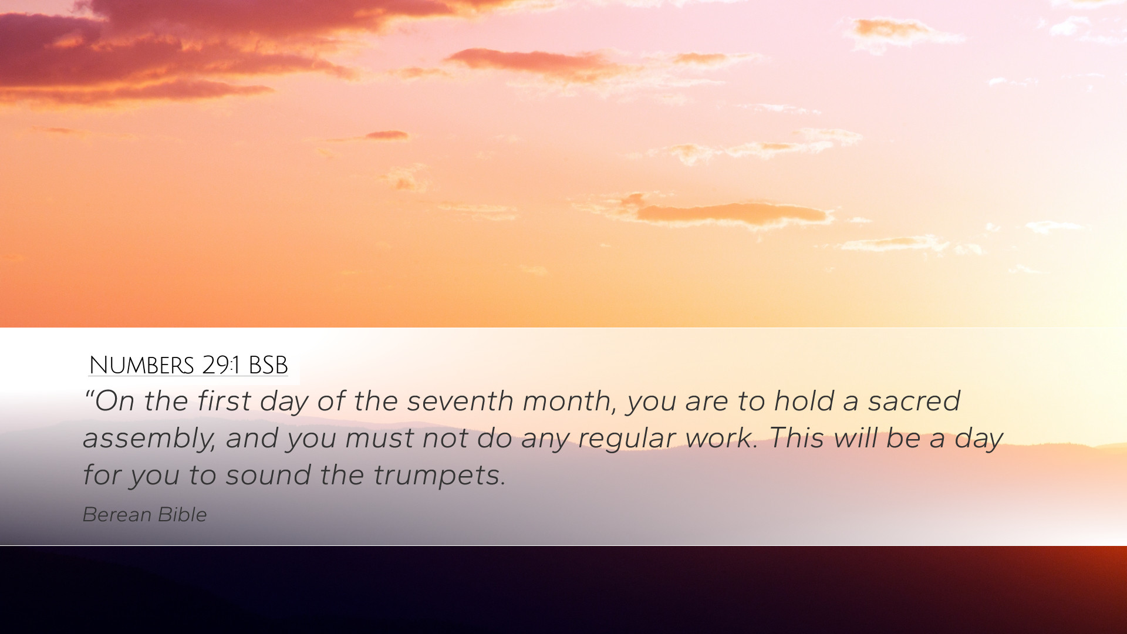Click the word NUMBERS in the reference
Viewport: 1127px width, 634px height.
(141, 365)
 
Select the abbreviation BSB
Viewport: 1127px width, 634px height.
(268, 365)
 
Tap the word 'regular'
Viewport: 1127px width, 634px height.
(626, 439)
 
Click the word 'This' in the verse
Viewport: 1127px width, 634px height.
(797, 438)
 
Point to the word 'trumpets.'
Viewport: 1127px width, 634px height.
(439, 475)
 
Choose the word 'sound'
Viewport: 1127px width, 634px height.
(268, 475)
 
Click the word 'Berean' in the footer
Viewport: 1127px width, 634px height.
(117, 514)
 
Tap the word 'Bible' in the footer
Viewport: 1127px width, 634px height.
(183, 514)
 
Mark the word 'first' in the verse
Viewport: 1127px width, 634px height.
(224, 401)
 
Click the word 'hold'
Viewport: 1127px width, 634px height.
(804, 401)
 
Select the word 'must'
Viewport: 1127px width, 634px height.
(379, 438)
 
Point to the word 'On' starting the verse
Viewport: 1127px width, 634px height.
(115, 402)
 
